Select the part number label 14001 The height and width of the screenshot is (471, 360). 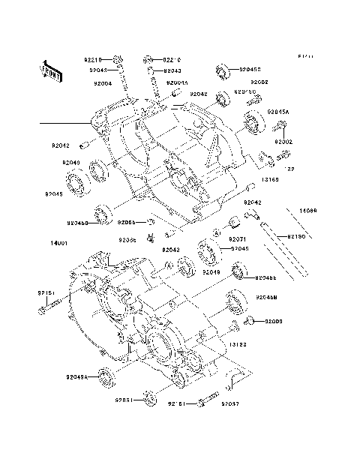tap(61, 244)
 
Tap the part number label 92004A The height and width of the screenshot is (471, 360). tap(178, 82)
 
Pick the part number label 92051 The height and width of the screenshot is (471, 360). tap(124, 400)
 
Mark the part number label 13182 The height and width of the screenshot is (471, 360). tap(238, 344)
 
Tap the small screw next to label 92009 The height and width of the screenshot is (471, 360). tap(249, 321)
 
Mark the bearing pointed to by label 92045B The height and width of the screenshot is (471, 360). tap(222, 72)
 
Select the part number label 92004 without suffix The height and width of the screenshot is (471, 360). tap(103, 83)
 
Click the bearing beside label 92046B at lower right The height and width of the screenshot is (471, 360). tap(237, 298)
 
